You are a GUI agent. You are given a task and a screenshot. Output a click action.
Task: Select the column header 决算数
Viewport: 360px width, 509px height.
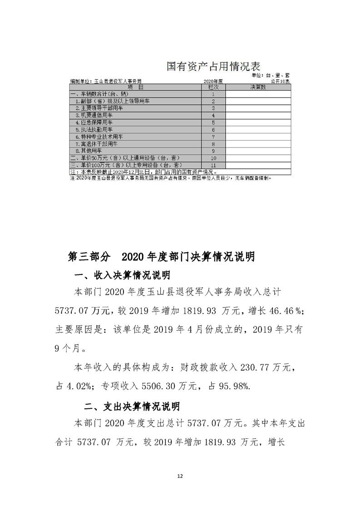tap(257, 87)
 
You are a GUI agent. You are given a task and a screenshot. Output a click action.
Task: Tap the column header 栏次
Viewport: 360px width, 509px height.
tap(213, 87)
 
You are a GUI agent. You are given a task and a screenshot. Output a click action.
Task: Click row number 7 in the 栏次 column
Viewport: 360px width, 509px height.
tap(213, 137)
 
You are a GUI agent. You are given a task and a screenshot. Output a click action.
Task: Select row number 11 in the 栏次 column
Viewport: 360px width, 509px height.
tap(213, 165)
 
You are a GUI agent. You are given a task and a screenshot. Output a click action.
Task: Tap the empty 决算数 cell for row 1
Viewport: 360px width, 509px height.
tap(257, 94)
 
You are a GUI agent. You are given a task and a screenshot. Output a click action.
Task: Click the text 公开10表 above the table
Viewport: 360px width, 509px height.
tap(280, 81)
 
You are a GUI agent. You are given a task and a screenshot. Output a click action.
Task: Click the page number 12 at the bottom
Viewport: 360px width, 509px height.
tap(180, 476)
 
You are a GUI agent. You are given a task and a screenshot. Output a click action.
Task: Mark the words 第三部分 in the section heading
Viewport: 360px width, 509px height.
tap(89, 257)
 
